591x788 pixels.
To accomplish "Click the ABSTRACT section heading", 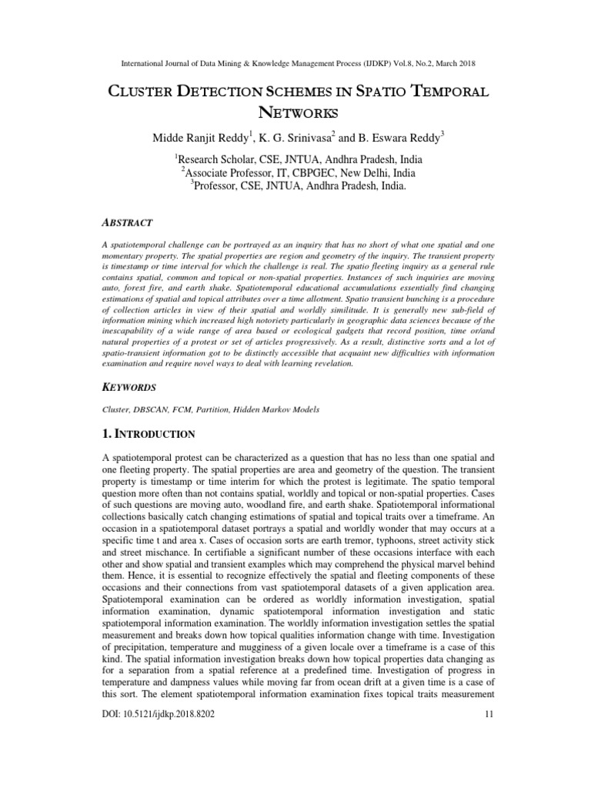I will pyautogui.click(x=128, y=222).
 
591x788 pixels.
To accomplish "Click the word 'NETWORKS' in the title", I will pyautogui.click(x=295, y=114).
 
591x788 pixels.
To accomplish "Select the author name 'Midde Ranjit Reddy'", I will pyautogui.click(x=194, y=139).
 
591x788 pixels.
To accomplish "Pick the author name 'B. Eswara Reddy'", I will pyautogui.click(x=398, y=139).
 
